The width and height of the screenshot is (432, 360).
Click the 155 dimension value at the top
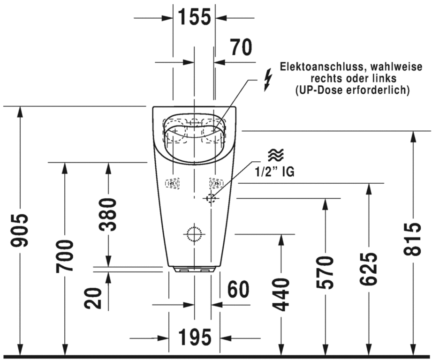(194, 17)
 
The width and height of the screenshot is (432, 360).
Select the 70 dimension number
(241, 47)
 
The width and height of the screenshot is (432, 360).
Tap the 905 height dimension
(19, 230)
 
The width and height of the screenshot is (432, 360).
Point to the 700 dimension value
(64, 256)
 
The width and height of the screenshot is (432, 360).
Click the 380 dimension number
(108, 214)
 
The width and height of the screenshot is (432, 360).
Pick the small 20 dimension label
(93, 298)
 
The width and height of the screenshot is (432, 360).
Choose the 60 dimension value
(238, 289)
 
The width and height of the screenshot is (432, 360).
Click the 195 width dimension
(195, 337)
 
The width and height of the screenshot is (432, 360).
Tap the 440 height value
(281, 295)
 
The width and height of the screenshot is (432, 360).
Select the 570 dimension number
(325, 272)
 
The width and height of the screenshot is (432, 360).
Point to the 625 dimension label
(369, 268)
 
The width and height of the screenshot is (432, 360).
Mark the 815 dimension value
(412, 239)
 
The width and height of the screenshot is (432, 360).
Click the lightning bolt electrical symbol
(268, 80)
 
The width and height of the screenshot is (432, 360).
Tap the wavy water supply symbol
(276, 155)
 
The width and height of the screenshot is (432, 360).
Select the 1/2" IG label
(274, 172)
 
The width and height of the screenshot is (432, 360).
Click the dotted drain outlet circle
(194, 234)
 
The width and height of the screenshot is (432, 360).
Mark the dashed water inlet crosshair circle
(211, 198)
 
